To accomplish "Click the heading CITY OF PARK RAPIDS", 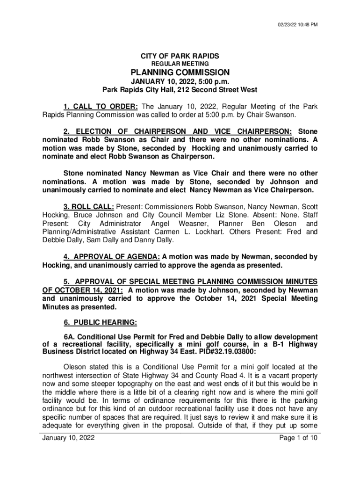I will tap(180, 56).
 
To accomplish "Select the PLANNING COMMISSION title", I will tap(180, 73).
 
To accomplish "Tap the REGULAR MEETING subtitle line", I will tap(180, 64).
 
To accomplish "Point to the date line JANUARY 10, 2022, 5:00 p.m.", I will tap(180, 82).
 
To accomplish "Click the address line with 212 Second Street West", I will tap(180, 90).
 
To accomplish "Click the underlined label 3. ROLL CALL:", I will tap(89, 206).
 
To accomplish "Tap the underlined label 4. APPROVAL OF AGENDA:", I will tap(112, 257).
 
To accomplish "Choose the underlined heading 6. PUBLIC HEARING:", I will tap(100, 322).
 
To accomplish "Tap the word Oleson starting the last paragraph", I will tap(75, 367).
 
